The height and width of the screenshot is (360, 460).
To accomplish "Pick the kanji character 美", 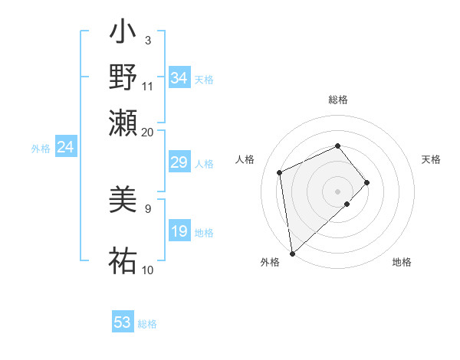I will (123, 201).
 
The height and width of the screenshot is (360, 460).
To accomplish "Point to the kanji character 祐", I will (123, 260).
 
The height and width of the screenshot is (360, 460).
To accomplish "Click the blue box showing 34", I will (179, 78).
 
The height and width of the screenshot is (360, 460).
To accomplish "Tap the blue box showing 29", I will (179, 162).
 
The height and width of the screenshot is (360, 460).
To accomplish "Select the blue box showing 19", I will (179, 231).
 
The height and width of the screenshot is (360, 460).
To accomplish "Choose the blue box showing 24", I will (65, 147).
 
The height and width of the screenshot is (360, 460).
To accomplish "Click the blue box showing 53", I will (123, 322).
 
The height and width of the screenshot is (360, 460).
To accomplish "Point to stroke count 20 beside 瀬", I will (148, 132).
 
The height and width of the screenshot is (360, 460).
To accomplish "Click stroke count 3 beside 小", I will (147, 40).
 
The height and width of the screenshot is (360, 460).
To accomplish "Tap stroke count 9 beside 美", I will (147, 208).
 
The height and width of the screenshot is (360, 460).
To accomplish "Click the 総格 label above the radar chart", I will (338, 100).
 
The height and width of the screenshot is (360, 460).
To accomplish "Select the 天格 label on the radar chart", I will (432, 159).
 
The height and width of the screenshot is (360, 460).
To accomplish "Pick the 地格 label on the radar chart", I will (402, 263).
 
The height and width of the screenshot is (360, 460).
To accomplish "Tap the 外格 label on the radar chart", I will (270, 263).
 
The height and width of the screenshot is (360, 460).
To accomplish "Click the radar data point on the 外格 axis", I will (292, 254).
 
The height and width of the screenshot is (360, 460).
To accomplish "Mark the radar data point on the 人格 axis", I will (280, 172).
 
